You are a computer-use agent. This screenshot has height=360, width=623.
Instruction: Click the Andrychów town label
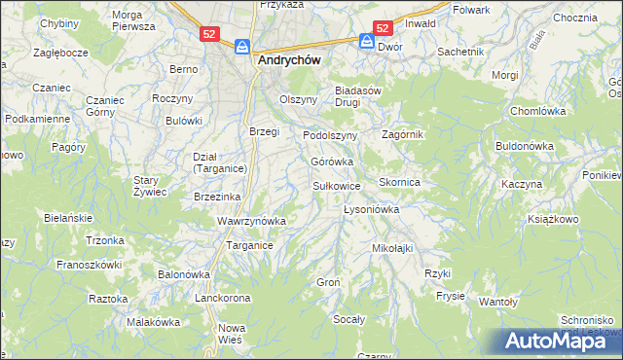(x=289, y=58)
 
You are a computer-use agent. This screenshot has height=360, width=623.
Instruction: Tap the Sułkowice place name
(x=337, y=185)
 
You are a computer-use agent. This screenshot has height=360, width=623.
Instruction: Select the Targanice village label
(x=249, y=246)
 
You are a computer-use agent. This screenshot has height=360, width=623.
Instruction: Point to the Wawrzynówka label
(x=251, y=221)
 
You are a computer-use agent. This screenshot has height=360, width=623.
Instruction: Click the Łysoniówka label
(x=373, y=209)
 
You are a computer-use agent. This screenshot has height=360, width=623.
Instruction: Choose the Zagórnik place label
(x=403, y=134)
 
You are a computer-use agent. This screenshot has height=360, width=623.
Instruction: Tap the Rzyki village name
(x=438, y=273)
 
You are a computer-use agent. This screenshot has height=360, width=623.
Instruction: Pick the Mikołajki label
(x=392, y=248)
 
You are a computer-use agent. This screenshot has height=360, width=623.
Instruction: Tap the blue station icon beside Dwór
(x=366, y=42)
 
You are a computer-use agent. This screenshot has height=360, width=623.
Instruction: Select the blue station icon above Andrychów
(x=243, y=46)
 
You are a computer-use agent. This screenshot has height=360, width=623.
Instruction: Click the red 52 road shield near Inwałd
(x=383, y=29)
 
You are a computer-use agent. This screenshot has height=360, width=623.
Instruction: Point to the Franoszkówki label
(x=89, y=264)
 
